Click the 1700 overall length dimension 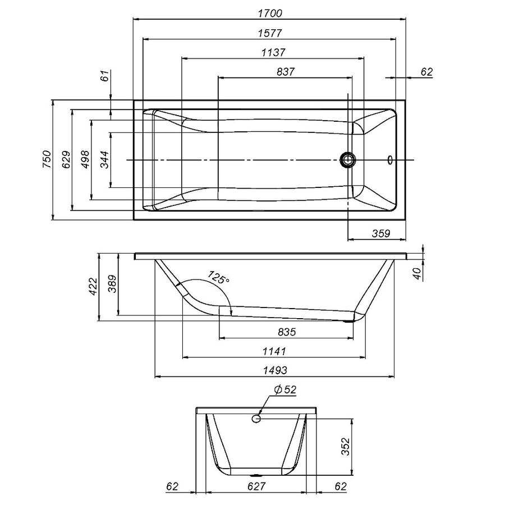tap(270, 13)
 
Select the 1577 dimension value tap(270, 33)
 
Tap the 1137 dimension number tap(273, 52)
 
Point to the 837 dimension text tap(285, 72)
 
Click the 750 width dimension tap(47, 160)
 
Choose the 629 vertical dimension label tap(66, 160)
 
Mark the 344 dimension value tap(104, 160)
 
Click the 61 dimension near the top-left tap(105, 77)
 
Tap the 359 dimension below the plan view tap(380, 234)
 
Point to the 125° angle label tap(219, 277)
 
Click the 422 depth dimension tap(93, 287)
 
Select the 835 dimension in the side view tap(286, 332)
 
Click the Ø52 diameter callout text tap(284, 390)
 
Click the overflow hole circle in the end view tap(257, 418)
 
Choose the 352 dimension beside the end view tap(346, 447)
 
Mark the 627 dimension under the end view tap(255, 486)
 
